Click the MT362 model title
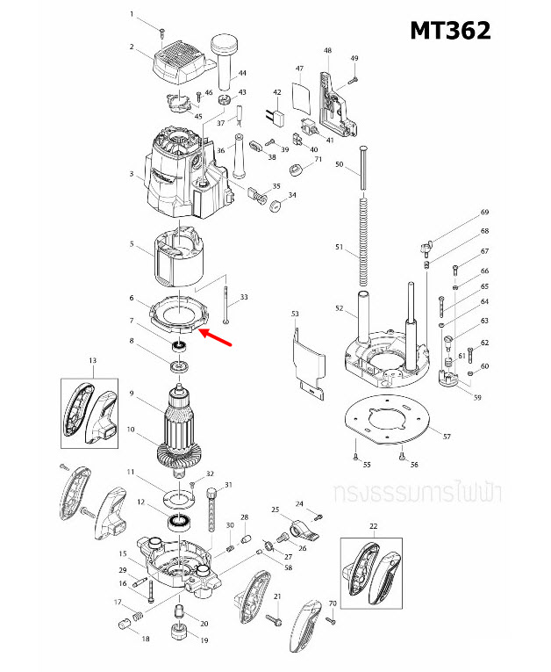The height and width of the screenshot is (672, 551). click(x=450, y=30)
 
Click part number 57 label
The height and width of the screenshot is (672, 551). click(x=446, y=437)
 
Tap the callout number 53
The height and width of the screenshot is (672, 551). click(x=295, y=314)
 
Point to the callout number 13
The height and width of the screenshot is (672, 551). click(x=92, y=360)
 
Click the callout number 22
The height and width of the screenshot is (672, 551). click(x=372, y=526)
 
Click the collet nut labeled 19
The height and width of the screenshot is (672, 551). click(x=179, y=632)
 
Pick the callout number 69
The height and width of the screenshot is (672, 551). click(x=483, y=213)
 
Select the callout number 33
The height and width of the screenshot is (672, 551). click(x=243, y=298)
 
